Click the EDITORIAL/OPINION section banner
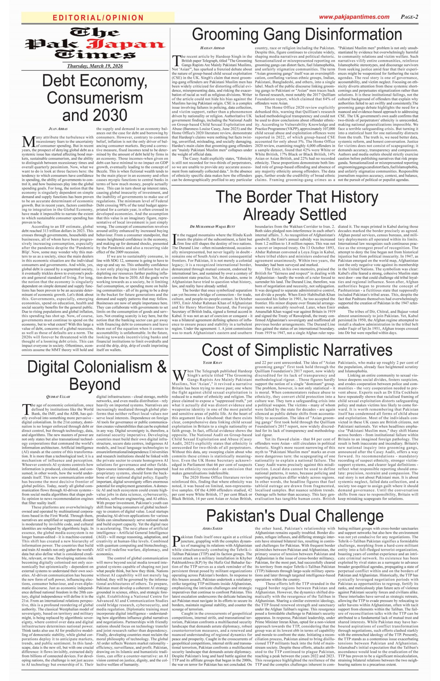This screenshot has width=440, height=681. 98,18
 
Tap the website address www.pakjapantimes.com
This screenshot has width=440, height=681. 354,17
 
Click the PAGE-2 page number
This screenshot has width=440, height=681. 409,17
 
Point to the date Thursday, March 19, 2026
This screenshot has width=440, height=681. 95,66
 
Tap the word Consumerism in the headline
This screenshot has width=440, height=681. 95,98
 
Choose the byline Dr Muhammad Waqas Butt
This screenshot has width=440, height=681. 212,227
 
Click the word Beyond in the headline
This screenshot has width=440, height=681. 95,384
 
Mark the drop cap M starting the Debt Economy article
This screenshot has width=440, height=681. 27,141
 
